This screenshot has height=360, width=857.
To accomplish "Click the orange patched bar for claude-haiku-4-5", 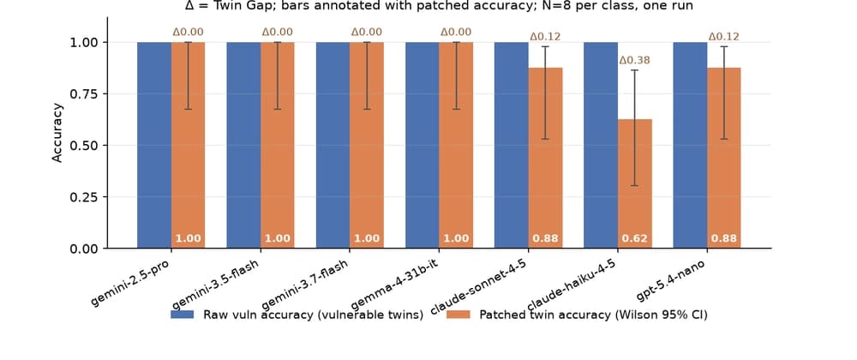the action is click(635, 183).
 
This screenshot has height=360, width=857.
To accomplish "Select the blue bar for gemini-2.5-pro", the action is click(154, 146).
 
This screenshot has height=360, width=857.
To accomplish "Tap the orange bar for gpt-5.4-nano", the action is click(724, 158).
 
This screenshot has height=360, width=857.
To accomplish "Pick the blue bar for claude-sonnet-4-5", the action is click(512, 146).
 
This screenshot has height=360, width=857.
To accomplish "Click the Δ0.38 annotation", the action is click(634, 60).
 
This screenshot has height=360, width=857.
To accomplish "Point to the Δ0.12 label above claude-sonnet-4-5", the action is click(545, 37).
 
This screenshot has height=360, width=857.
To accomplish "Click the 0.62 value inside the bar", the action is click(635, 239).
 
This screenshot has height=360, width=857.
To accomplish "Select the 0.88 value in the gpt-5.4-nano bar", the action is click(724, 239).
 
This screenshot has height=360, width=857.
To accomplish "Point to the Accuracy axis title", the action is click(57, 132).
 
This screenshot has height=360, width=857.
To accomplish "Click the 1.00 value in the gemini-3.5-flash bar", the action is click(278, 239).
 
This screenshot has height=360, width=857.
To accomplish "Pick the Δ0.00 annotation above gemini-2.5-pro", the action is click(189, 33).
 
